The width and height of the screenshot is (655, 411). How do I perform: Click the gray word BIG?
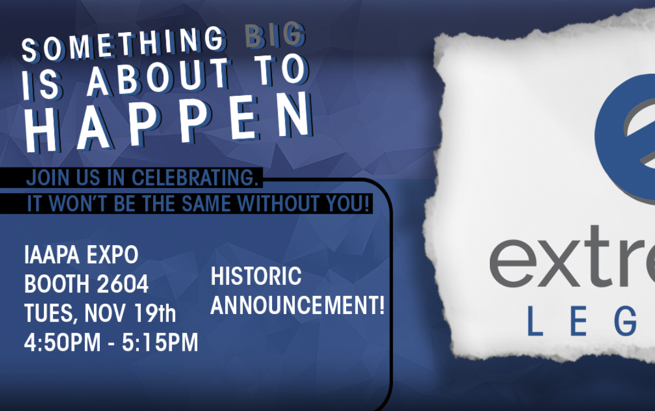pyautogui.click(x=274, y=36)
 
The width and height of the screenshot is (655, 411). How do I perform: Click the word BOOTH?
pyautogui.click(x=57, y=284)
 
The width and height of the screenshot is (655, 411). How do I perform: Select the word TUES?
pyautogui.click(x=50, y=314)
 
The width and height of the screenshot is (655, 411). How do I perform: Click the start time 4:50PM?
pyautogui.click(x=62, y=343)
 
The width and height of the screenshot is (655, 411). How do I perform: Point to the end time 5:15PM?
pyautogui.click(x=160, y=343)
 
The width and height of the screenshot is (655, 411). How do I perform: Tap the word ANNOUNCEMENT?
pyautogui.click(x=297, y=305)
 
